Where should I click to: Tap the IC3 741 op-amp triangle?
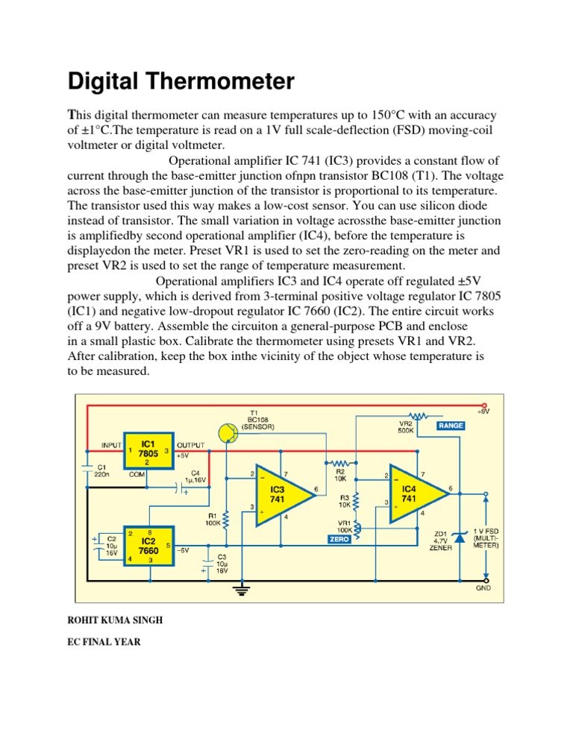pos(281,496)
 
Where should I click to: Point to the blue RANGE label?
pos(451,426)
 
